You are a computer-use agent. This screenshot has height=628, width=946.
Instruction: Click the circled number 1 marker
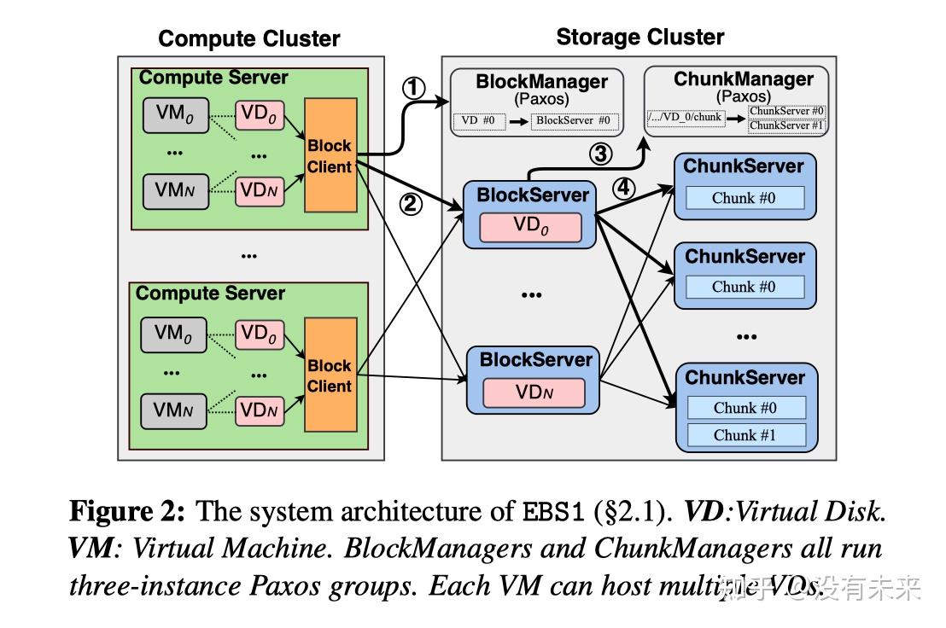click(x=413, y=88)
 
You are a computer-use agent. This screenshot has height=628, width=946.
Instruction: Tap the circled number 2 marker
click(x=412, y=205)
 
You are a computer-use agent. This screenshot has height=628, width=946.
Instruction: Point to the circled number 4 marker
click(x=624, y=188)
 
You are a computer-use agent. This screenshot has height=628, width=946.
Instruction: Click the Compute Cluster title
click(x=248, y=39)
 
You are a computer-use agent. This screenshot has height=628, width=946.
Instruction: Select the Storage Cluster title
click(x=639, y=38)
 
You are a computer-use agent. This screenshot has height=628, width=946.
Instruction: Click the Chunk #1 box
click(x=745, y=435)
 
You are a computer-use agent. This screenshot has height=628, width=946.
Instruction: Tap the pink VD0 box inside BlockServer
click(x=530, y=227)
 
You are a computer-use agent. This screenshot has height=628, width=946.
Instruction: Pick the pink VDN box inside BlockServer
click(x=533, y=392)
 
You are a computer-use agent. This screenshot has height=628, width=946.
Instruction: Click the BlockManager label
click(x=541, y=82)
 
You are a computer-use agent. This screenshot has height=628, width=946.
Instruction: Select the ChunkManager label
click(x=744, y=79)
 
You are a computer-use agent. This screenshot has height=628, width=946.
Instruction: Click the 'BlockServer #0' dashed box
click(x=573, y=121)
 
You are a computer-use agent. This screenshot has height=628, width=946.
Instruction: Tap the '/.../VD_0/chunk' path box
click(x=686, y=118)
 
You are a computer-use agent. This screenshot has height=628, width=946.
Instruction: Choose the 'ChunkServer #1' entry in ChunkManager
click(x=786, y=125)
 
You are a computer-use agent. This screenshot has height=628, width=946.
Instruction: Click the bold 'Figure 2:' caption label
click(x=127, y=512)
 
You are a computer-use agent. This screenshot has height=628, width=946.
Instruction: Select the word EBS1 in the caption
click(x=554, y=513)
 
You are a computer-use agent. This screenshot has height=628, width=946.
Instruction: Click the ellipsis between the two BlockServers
click(x=531, y=294)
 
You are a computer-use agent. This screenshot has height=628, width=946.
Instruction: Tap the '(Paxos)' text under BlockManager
click(x=541, y=99)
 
